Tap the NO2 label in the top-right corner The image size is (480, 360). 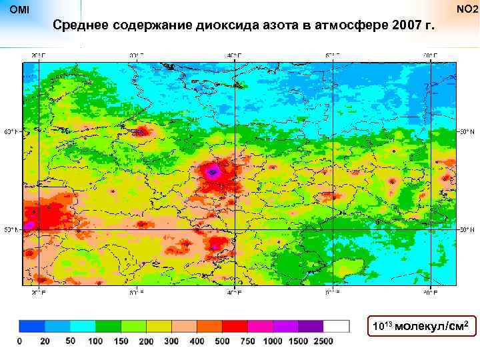pyautogui.click(x=466, y=9)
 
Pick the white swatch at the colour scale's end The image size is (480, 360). pyautogui.click(x=337, y=326)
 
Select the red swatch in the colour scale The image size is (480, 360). pyautogui.click(x=235, y=326)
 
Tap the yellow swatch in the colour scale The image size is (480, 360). pyautogui.click(x=159, y=326)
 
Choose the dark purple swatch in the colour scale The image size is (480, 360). pyautogui.click(x=311, y=326)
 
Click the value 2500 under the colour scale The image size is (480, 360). pyautogui.click(x=323, y=341)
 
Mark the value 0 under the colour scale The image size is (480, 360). pyautogui.click(x=19, y=341)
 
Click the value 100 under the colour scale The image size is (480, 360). pyautogui.click(x=95, y=341)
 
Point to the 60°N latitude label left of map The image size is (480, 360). pyautogui.click(x=13, y=131)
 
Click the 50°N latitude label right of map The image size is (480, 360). pyautogui.click(x=468, y=230)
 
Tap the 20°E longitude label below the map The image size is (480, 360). pyautogui.click(x=39, y=292)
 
